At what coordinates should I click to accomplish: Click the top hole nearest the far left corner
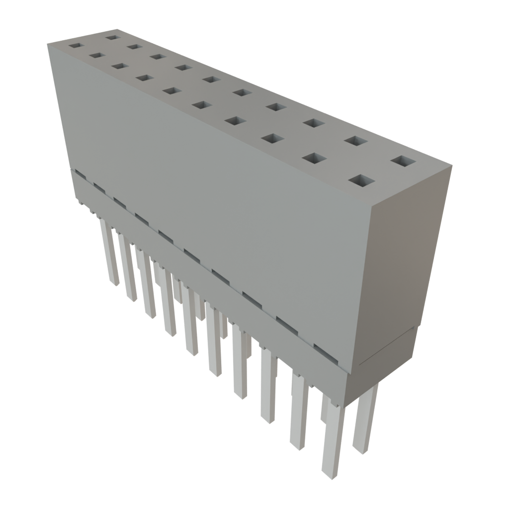pos(75,45)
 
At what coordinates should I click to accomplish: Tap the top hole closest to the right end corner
pos(403,162)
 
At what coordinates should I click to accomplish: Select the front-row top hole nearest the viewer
pos(361,180)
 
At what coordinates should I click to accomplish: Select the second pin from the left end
pos(127,268)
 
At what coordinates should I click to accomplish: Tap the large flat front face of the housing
pos(214,199)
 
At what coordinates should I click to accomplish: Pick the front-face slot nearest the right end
pos(326,346)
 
